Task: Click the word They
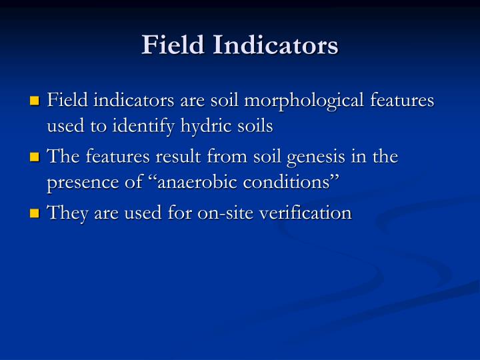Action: (x=64, y=213)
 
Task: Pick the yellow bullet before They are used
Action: (x=36, y=214)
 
